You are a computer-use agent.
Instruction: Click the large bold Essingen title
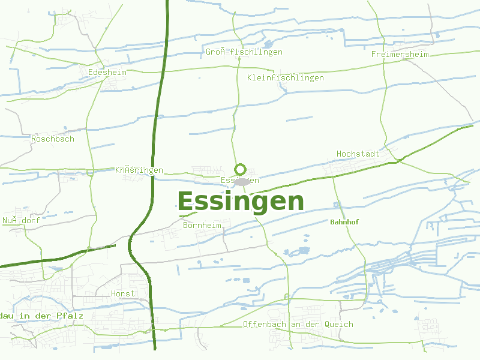tap(241, 201)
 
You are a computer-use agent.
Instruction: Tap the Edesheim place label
tap(107, 72)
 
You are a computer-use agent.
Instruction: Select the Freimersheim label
tap(400, 54)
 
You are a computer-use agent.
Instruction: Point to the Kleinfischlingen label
tap(285, 77)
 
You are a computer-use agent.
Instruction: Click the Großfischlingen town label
tap(244, 52)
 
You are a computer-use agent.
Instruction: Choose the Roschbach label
tap(53, 139)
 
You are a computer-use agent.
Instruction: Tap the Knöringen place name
tap(139, 170)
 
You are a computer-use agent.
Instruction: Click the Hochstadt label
tap(358, 154)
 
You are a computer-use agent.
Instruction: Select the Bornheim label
tap(202, 225)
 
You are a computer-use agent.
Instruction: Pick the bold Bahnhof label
tap(344, 222)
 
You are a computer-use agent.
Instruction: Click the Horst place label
tap(123, 293)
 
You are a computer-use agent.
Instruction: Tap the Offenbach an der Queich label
tap(298, 324)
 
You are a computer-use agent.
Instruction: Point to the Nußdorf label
tap(21, 220)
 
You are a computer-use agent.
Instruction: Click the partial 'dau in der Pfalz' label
tap(41, 316)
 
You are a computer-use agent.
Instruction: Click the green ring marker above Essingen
tap(241, 169)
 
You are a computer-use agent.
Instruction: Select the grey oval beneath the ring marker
tap(242, 181)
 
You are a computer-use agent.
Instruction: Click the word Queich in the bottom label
tap(338, 324)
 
